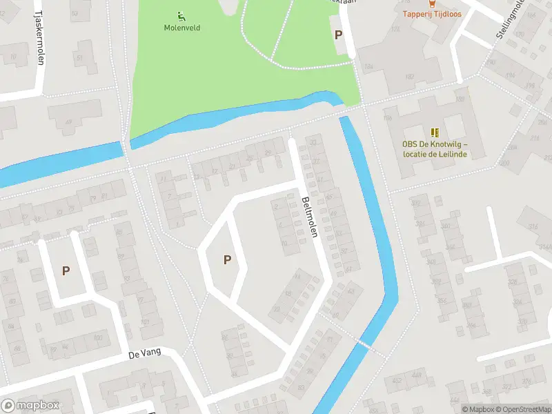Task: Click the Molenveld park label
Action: [x=181, y=28]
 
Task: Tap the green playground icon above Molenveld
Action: [x=181, y=16]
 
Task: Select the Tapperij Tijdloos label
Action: [x=433, y=14]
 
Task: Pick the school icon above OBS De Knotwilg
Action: [x=435, y=132]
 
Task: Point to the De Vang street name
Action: [x=144, y=353]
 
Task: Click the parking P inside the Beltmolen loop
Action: [x=226, y=259]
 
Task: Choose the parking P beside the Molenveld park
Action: [x=338, y=34]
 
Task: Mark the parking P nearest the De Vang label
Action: [x=66, y=270]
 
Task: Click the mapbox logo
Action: [x=30, y=406]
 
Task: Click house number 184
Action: [x=368, y=66]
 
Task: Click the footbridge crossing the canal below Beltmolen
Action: [x=364, y=343]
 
